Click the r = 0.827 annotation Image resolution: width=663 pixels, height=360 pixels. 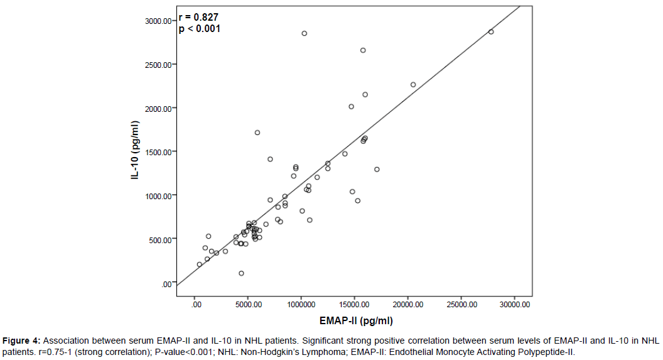[199, 17]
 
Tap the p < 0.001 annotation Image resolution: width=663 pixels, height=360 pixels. [200, 28]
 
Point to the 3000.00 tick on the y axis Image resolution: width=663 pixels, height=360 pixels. [158, 21]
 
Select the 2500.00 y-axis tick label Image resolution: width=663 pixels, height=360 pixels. [158, 64]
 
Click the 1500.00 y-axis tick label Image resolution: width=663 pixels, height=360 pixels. [158, 152]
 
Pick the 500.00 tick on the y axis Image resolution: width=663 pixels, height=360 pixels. [160, 239]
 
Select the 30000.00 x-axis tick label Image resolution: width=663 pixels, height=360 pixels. [514, 304]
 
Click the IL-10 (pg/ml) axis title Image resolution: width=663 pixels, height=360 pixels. [135, 151]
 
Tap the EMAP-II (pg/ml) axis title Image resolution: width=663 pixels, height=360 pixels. [356, 321]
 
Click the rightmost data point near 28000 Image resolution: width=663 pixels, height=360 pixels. [491, 31]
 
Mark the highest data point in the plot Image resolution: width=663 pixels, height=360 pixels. [305, 33]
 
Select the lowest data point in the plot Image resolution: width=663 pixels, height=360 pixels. [241, 273]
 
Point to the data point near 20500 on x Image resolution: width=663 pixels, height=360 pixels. [413, 84]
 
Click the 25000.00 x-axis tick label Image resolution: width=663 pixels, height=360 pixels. [461, 304]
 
